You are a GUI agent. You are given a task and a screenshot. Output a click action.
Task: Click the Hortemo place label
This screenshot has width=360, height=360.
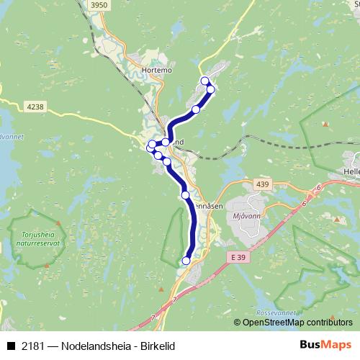[157, 70]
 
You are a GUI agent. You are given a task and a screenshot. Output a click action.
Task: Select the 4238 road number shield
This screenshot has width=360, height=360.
[35, 107]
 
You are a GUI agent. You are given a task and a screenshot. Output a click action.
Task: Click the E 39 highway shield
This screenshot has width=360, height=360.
[239, 257]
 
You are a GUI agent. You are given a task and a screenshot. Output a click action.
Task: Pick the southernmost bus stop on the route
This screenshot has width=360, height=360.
[186, 261]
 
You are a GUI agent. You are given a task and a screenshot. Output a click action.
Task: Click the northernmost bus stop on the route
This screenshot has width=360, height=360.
[204, 80]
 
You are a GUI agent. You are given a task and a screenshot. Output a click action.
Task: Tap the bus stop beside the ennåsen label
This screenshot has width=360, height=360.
[185, 195]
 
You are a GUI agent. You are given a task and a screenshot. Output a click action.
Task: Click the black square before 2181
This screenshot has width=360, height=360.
[10, 346]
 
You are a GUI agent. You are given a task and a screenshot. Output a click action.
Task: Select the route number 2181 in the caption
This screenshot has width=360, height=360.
[32, 346]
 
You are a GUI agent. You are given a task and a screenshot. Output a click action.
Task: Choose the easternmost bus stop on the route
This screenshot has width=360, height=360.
[211, 89]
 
